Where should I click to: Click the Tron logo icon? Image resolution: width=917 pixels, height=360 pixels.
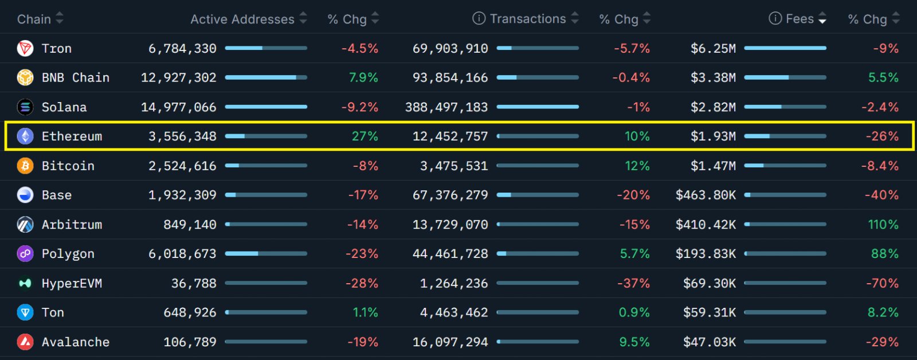coord(25,48)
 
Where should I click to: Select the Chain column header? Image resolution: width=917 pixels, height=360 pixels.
coord(34,19)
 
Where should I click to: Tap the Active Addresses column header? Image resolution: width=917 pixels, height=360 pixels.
coord(242,19)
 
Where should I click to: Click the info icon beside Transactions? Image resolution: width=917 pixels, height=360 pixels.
coord(479,18)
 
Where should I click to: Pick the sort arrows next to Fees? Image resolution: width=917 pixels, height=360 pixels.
coord(822,18)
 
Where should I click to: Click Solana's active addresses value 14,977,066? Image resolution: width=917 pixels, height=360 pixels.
coord(178,107)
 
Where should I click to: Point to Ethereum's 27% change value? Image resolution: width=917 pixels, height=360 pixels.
coord(365,136)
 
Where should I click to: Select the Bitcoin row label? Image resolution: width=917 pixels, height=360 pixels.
coord(68,166)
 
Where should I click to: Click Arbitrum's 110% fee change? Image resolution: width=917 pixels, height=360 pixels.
coord(883,225)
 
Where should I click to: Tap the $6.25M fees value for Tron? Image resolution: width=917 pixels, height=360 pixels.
coord(713,49)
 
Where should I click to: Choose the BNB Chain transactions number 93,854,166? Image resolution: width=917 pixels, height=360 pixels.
coord(450,78)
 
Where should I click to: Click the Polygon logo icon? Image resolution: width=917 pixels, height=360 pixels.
coord(25,254)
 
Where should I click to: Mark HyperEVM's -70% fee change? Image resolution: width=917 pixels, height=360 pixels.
coord(882,283)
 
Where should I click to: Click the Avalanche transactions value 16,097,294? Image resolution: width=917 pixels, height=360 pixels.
coord(450,342)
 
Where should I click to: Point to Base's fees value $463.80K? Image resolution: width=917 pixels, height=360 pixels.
coord(706,195)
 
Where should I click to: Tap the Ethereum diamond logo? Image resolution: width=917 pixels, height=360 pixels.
coord(25,136)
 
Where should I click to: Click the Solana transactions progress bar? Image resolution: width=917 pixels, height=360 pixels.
coord(538,107)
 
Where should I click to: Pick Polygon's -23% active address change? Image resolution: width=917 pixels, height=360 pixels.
coord(362,254)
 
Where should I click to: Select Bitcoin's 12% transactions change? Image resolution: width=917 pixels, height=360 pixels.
coord(637,166)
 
